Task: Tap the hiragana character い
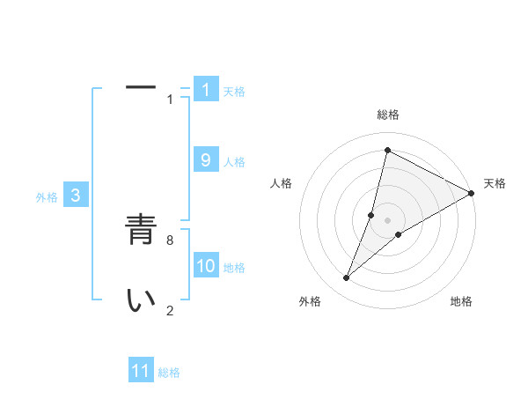coord(141,300)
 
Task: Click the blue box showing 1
coord(206,89)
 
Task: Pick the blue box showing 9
coord(206,159)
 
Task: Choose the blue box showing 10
coord(206,265)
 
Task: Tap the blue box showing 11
coord(141,371)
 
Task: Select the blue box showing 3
coord(76,196)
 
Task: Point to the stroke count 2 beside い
coord(170,309)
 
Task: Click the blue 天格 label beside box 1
coord(234,92)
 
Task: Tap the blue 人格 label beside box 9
coord(234,162)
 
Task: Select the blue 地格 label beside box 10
coord(234,268)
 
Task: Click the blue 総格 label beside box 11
coord(169,373)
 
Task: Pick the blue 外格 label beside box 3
coord(47,198)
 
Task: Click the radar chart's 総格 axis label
coord(387,115)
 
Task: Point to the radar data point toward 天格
coord(471,193)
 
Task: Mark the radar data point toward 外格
coord(347,278)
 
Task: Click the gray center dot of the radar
coord(387,220)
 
